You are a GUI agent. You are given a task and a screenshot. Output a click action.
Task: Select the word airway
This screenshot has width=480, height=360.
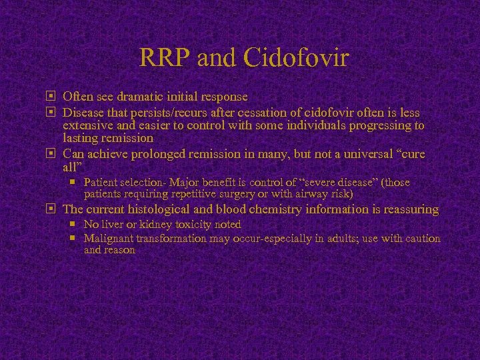307,194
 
